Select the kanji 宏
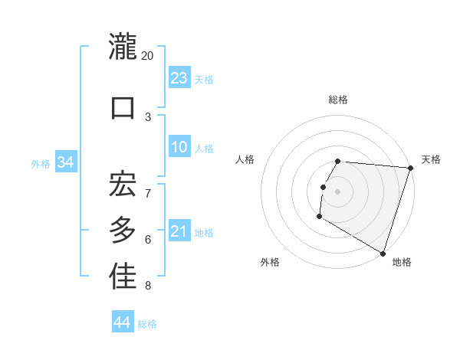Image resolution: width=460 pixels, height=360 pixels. [123, 183]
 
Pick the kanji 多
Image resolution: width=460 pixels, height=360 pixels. [123, 230]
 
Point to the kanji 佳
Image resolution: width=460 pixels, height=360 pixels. [123, 277]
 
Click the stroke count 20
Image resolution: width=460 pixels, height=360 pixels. [148, 56]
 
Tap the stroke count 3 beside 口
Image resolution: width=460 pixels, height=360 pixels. [148, 117]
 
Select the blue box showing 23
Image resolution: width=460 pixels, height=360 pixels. [179, 78]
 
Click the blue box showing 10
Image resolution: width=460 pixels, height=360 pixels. [179, 148]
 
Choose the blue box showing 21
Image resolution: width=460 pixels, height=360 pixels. [179, 232]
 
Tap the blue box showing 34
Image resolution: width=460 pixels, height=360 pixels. [65, 162]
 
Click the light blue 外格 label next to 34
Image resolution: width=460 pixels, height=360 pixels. [41, 163]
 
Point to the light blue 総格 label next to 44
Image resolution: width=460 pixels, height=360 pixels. [147, 324]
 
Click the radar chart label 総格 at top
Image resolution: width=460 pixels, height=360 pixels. [338, 100]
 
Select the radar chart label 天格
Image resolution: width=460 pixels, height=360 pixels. [431, 159]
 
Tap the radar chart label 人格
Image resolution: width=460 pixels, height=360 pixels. [245, 159]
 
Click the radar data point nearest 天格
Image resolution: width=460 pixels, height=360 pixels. [410, 168]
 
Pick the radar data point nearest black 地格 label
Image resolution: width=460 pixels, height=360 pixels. [382, 253]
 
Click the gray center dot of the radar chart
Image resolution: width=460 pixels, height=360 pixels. [337, 191]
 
